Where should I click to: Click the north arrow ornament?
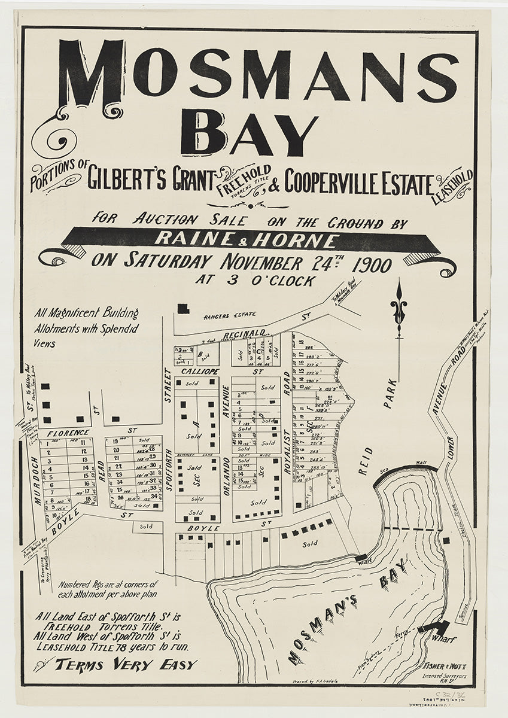click(398, 306)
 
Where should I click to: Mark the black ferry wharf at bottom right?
click(436, 626)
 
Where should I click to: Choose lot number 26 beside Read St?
click(120, 497)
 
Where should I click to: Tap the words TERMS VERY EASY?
click(126, 664)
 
